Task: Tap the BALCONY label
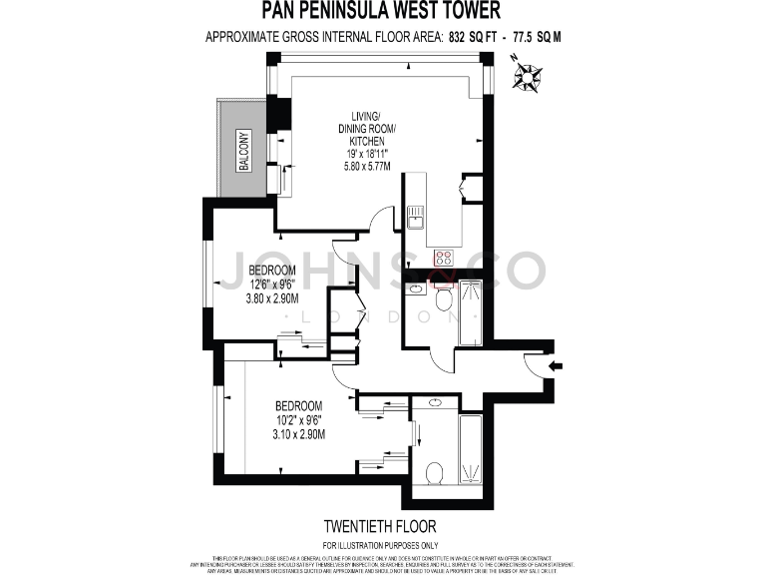243,152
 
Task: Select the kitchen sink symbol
415,216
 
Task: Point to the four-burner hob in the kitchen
443,258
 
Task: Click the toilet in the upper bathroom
444,296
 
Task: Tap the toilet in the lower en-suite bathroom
435,472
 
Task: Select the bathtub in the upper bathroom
470,313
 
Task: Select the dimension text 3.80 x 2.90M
273,296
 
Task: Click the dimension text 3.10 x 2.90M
298,433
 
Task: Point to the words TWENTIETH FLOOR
381,525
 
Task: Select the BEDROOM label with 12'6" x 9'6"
272,271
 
